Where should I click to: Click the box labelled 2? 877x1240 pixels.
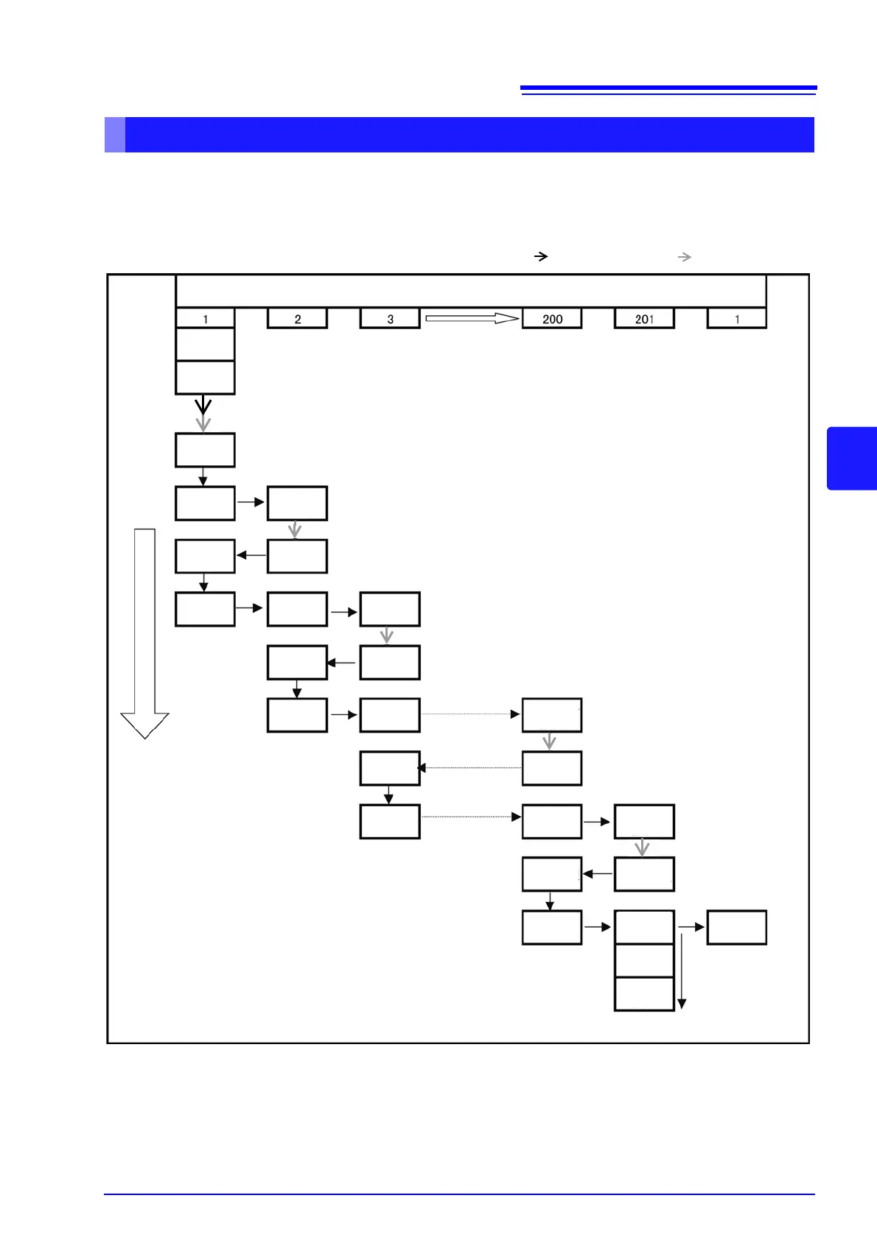[x=297, y=319]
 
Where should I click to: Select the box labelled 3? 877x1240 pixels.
[x=390, y=319]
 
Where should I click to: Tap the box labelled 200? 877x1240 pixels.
[x=552, y=319]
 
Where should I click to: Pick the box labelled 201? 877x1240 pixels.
[x=644, y=319]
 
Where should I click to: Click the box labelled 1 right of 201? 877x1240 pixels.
[x=737, y=319]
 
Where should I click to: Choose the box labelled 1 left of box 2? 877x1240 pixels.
[x=205, y=319]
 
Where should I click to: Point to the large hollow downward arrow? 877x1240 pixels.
[x=145, y=633]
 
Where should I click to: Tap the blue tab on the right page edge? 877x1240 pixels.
[x=852, y=458]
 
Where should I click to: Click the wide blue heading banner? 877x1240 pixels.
[x=469, y=135]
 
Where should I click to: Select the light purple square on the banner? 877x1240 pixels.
[x=115, y=135]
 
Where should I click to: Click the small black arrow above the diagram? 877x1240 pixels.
[x=541, y=256]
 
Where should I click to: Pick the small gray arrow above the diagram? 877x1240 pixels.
[x=685, y=256]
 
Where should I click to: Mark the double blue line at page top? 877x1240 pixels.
[x=668, y=90]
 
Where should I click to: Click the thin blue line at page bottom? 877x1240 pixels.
[x=459, y=1194]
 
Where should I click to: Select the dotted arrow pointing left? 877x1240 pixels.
[x=470, y=768]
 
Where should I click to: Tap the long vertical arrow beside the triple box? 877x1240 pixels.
[x=682, y=970]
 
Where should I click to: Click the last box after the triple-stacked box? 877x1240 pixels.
[x=737, y=928]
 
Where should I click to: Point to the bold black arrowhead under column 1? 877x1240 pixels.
[x=203, y=406]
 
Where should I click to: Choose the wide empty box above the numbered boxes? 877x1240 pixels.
[x=471, y=291]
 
